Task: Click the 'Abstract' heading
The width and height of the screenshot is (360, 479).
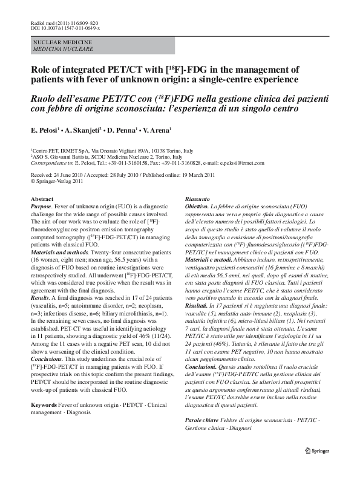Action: pos(42,199)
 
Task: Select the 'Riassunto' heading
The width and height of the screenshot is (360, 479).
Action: pos(197,199)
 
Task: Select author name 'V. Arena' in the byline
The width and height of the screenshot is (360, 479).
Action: pos(156,130)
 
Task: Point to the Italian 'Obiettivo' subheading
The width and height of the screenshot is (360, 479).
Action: pos(198,206)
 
